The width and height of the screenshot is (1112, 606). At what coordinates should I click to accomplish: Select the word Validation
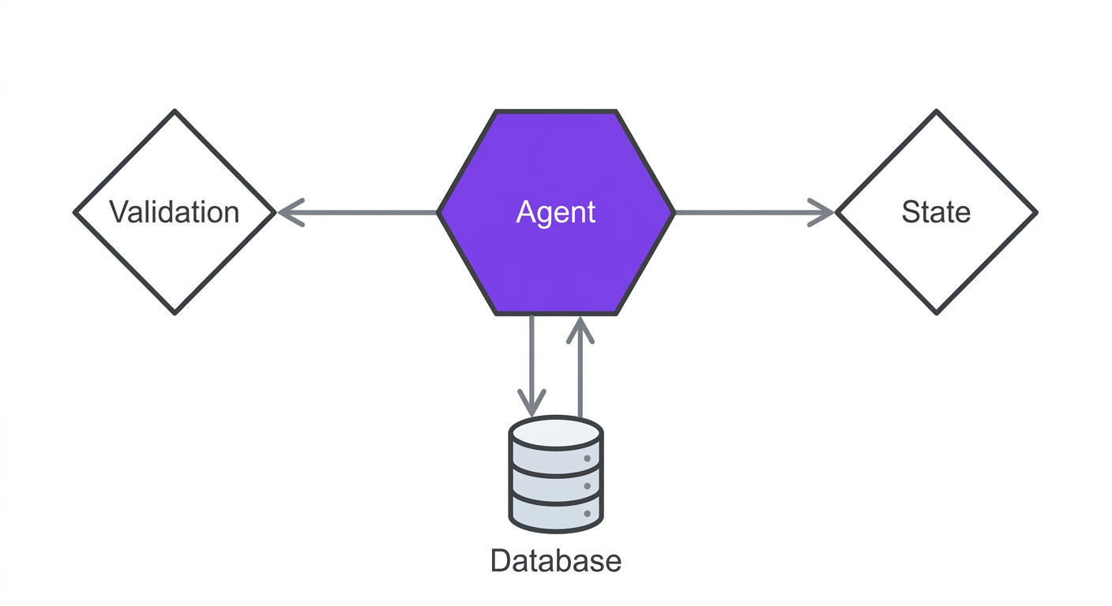pyautogui.click(x=174, y=212)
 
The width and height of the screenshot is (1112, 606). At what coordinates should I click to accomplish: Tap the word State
pyautogui.click(x=936, y=212)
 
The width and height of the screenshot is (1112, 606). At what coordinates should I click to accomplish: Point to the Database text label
pyautogui.click(x=555, y=561)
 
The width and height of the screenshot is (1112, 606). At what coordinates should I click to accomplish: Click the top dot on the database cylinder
pyautogui.click(x=587, y=458)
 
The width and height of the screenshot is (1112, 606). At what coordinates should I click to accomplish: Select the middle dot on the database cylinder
pyautogui.click(x=587, y=487)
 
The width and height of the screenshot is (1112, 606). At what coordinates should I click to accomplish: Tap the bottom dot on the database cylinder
pyautogui.click(x=587, y=514)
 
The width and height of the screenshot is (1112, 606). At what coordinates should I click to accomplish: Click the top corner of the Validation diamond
pyautogui.click(x=175, y=112)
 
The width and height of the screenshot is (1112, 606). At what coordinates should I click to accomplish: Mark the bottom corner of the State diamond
pyautogui.click(x=936, y=312)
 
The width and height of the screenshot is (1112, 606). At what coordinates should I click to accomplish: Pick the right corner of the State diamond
pyautogui.click(x=1035, y=212)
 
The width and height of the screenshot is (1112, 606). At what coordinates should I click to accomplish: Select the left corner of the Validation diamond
pyautogui.click(x=76, y=212)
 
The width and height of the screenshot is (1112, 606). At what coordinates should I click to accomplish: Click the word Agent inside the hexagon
pyautogui.click(x=555, y=212)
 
